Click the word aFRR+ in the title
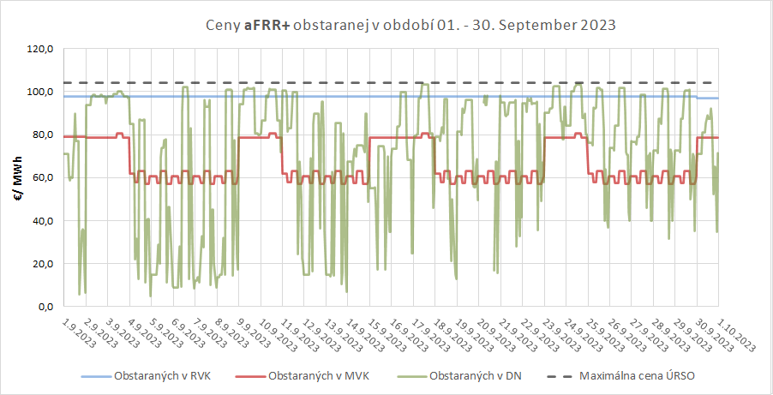(x=267, y=25)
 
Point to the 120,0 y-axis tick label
(x=40, y=50)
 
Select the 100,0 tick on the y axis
(x=40, y=93)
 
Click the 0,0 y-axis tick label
(x=45, y=307)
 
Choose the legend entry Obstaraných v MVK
(x=317, y=376)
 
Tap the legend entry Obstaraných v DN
(x=476, y=376)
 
